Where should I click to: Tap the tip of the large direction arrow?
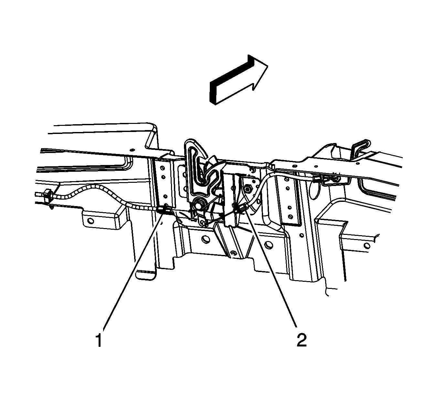[268, 66]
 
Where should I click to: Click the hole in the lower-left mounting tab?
[91, 221]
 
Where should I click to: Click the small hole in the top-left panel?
[132, 150]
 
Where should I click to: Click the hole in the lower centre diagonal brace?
[233, 253]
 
